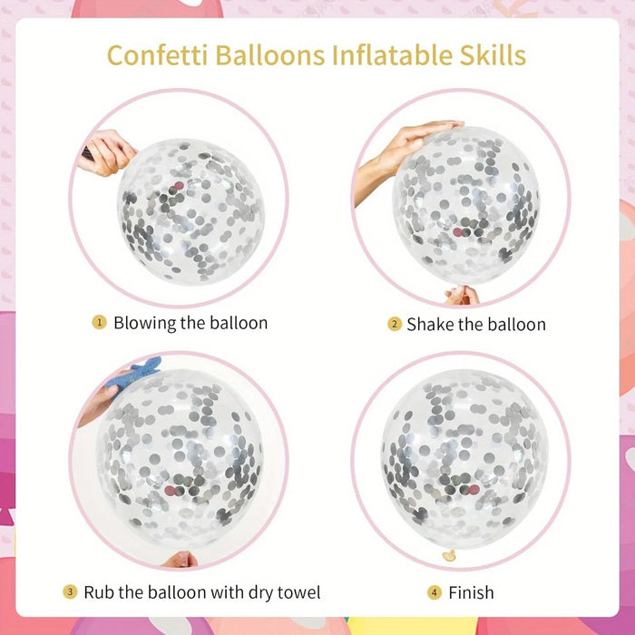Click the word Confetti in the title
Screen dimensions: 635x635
tap(158, 55)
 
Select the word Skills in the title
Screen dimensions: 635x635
tap(493, 55)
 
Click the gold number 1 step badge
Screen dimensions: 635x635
tap(99, 322)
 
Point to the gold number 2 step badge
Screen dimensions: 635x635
tap(395, 324)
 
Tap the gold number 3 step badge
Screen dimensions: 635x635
tap(70, 591)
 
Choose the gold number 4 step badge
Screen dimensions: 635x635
tap(435, 593)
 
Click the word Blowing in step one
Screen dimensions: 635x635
tap(145, 323)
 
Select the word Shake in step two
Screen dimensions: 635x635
tap(431, 325)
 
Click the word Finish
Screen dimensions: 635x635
tap(471, 593)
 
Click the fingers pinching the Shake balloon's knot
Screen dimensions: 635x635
tap(462, 295)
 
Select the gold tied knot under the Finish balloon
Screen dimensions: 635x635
tap(449, 555)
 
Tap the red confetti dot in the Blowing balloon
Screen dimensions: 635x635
tap(179, 186)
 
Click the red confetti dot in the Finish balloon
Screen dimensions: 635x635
tap(474, 490)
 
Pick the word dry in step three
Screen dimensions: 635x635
tap(260, 593)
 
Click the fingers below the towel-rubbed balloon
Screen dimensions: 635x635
tap(181, 560)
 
